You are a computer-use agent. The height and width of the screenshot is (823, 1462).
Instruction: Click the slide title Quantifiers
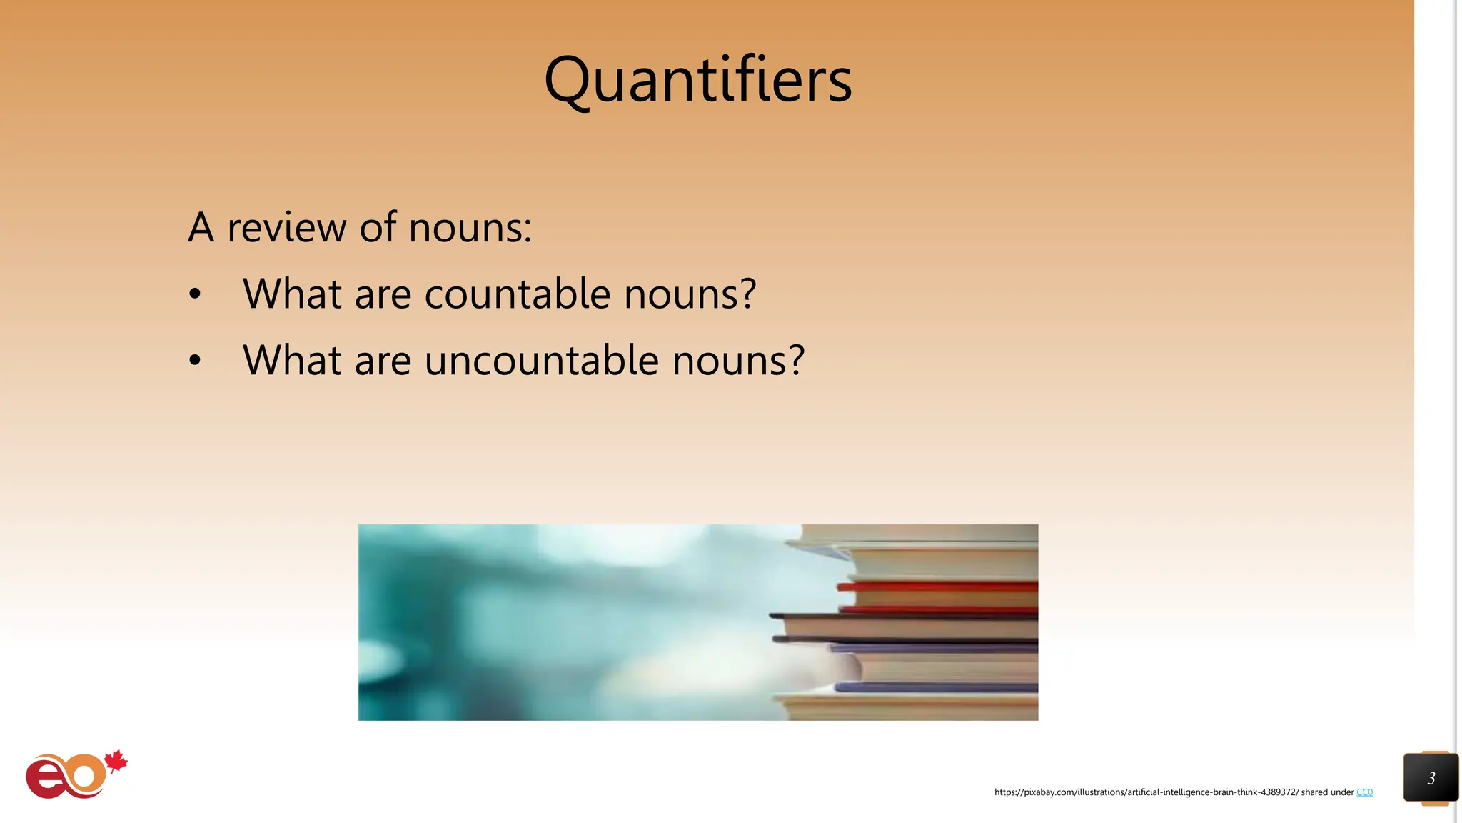tap(697, 80)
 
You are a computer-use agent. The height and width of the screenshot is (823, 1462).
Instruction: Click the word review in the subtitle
tap(287, 228)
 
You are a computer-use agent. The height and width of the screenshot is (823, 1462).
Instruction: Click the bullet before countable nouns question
tap(195, 294)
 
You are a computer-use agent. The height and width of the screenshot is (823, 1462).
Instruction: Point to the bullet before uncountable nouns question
tap(195, 361)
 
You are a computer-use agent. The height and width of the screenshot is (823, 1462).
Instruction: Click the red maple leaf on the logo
tap(116, 762)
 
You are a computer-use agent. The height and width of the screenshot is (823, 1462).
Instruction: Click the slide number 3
tap(1431, 778)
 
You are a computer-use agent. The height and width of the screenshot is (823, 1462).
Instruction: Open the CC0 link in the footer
tap(1364, 792)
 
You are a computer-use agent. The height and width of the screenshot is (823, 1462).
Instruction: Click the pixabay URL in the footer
tap(1146, 792)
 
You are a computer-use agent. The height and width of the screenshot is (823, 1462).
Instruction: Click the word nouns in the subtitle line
tap(470, 228)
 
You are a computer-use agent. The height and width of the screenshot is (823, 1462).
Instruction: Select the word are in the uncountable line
tap(383, 360)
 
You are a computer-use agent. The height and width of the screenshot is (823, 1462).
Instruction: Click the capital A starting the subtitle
tap(201, 228)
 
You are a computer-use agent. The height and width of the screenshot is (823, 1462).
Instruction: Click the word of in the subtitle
tap(378, 228)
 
